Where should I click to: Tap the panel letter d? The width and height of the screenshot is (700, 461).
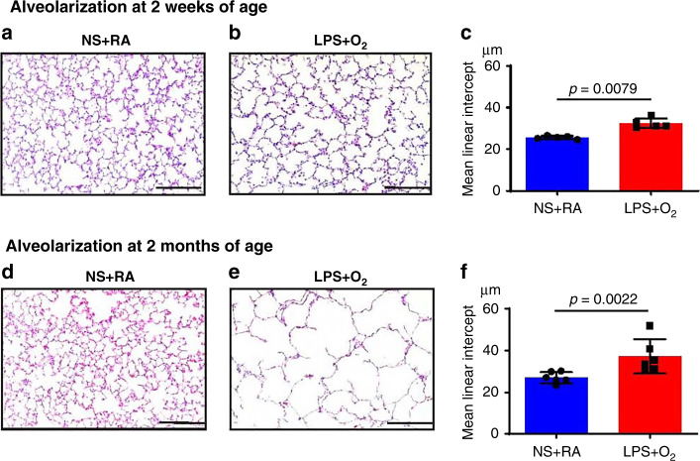click(8, 268)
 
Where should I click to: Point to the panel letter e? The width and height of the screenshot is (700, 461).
click(235, 268)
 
